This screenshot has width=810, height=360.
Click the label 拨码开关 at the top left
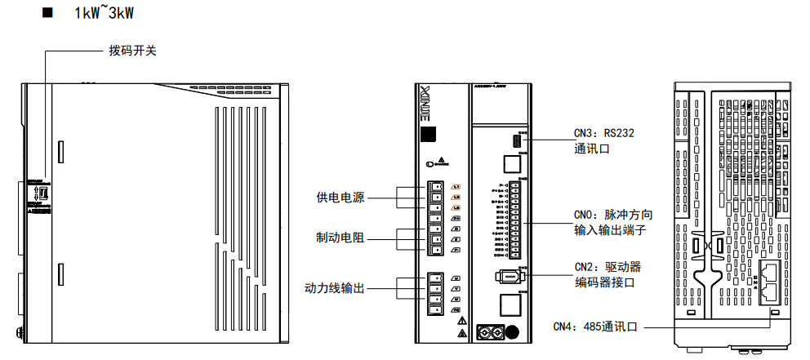[x=132, y=51]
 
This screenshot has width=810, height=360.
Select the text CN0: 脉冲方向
[x=613, y=215]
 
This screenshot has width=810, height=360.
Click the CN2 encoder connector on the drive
[x=510, y=276]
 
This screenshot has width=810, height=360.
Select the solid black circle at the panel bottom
[x=514, y=332]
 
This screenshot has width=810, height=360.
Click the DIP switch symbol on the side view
[x=44, y=193]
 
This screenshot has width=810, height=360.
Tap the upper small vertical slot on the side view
[x=60, y=150]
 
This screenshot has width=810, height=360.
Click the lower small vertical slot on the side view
[x=60, y=274]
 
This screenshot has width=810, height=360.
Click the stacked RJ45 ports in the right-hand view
[x=768, y=282]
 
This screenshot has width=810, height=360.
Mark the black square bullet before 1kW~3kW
[x=47, y=13]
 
